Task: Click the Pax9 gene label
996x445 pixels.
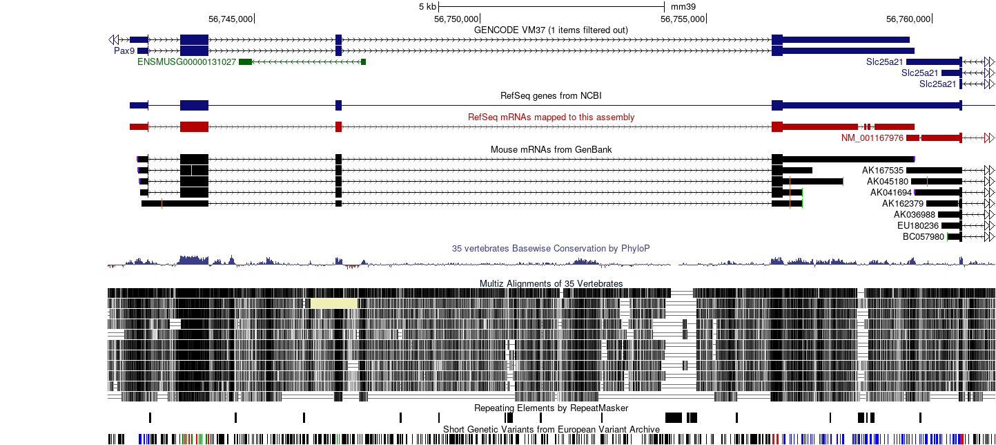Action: coord(124,50)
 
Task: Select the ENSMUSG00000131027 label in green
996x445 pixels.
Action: coord(187,62)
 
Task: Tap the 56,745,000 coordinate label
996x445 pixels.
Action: coord(231,19)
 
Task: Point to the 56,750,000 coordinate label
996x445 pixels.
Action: coord(456,19)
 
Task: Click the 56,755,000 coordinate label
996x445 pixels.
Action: coord(683,19)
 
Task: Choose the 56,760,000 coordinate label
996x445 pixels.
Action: coord(908,19)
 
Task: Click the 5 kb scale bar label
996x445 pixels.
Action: coord(427,7)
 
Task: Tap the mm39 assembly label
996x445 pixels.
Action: coord(683,7)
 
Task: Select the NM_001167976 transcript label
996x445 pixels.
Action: coord(872,138)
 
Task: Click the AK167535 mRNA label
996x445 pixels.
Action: coord(883,171)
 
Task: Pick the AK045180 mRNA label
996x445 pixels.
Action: coord(888,182)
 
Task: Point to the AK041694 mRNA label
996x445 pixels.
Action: coord(891,193)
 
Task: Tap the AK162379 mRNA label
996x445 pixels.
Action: coord(903,204)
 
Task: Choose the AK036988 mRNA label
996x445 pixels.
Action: coord(915,215)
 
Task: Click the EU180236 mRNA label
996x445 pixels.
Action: coord(918,226)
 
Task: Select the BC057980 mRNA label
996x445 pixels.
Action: coord(923,237)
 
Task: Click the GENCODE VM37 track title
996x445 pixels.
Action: coord(551,30)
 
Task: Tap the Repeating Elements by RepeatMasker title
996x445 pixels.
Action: coord(551,408)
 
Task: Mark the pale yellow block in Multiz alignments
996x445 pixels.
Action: coord(334,303)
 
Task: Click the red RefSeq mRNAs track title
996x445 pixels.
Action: coord(551,117)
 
